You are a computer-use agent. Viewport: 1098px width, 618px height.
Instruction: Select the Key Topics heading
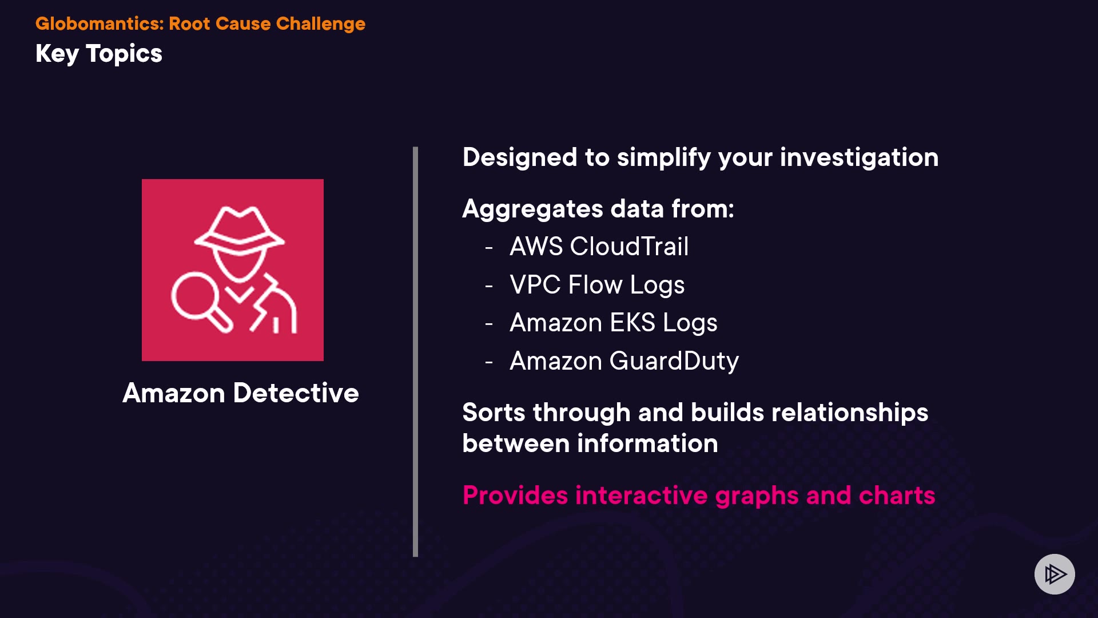tap(99, 54)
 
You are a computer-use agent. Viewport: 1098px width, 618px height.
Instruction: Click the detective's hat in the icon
tap(239, 229)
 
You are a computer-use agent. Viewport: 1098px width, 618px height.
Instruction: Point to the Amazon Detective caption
tap(241, 393)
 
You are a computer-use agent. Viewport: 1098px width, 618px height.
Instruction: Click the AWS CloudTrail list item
tap(599, 247)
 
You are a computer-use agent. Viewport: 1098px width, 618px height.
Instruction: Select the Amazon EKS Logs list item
tap(613, 323)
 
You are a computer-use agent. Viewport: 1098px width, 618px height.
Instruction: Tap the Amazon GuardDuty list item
tap(624, 362)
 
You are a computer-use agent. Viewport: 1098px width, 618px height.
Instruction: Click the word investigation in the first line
tap(859, 158)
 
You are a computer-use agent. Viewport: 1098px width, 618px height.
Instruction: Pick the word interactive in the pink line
tap(642, 496)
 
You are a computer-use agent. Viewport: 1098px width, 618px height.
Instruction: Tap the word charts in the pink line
tap(897, 496)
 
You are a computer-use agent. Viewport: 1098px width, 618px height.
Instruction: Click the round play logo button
tap(1055, 574)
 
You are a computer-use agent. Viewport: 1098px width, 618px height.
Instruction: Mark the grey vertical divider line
tap(415, 351)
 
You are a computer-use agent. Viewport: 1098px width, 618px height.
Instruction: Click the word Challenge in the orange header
tap(320, 24)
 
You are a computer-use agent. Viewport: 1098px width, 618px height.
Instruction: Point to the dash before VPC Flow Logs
tap(489, 286)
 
